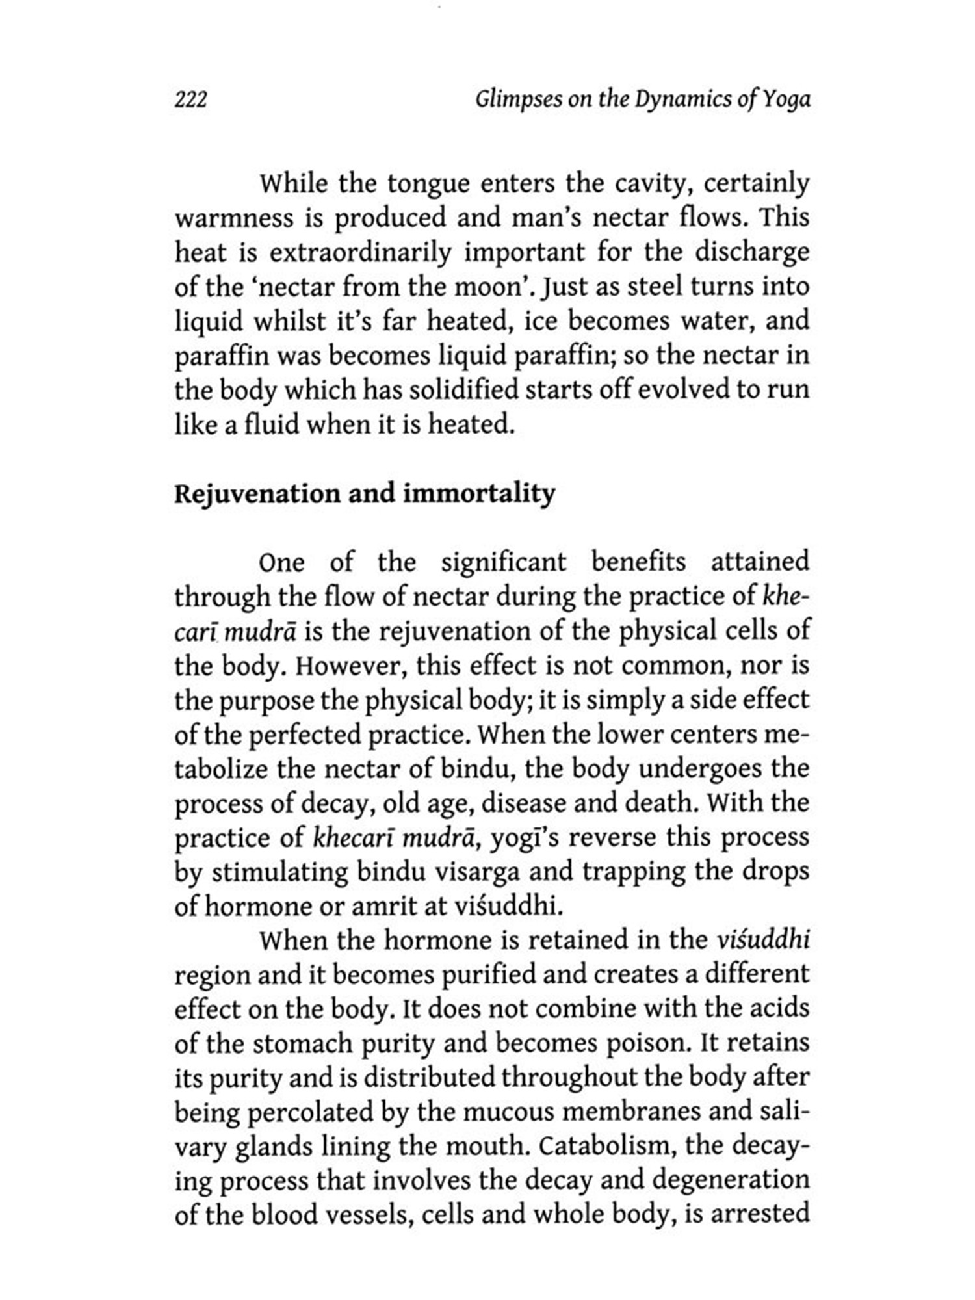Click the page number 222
[190, 100]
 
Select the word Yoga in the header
[786, 100]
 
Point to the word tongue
[428, 184]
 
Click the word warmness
[234, 218]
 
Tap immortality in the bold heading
[479, 494]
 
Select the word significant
[504, 562]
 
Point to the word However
[355, 666]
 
